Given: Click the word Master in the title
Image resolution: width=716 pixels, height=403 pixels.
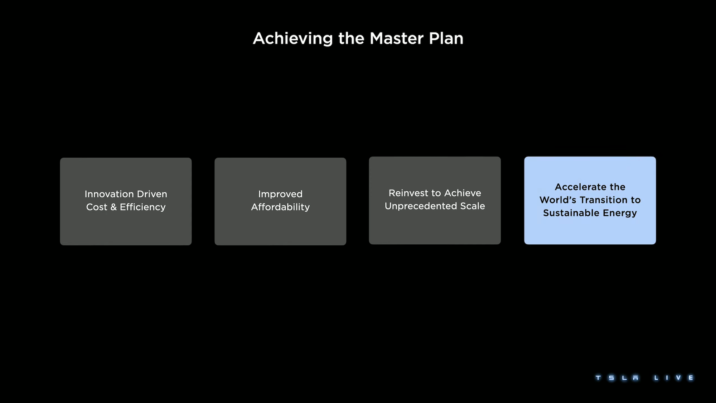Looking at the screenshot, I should tap(396, 38).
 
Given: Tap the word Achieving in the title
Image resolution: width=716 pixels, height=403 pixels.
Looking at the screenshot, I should tap(293, 39).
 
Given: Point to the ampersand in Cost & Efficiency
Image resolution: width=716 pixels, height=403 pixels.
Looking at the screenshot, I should tap(113, 207).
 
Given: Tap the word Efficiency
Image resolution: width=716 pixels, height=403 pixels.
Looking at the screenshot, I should tap(142, 207).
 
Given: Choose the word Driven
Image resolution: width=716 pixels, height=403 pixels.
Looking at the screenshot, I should tap(152, 194).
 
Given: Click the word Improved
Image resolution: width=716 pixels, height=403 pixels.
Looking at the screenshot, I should tap(280, 194).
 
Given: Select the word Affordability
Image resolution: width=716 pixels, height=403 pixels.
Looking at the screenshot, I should tap(280, 207).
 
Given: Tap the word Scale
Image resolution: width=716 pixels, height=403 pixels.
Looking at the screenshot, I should tap(473, 206).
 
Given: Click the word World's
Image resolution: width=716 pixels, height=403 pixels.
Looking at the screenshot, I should tap(558, 200).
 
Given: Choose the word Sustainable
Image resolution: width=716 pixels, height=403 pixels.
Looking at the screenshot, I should tap(571, 213).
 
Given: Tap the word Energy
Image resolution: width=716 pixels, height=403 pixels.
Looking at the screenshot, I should tap(620, 213).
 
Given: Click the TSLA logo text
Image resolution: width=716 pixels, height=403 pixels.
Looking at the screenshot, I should tap(617, 378).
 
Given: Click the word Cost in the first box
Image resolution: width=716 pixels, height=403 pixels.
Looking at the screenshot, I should tap(97, 207).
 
